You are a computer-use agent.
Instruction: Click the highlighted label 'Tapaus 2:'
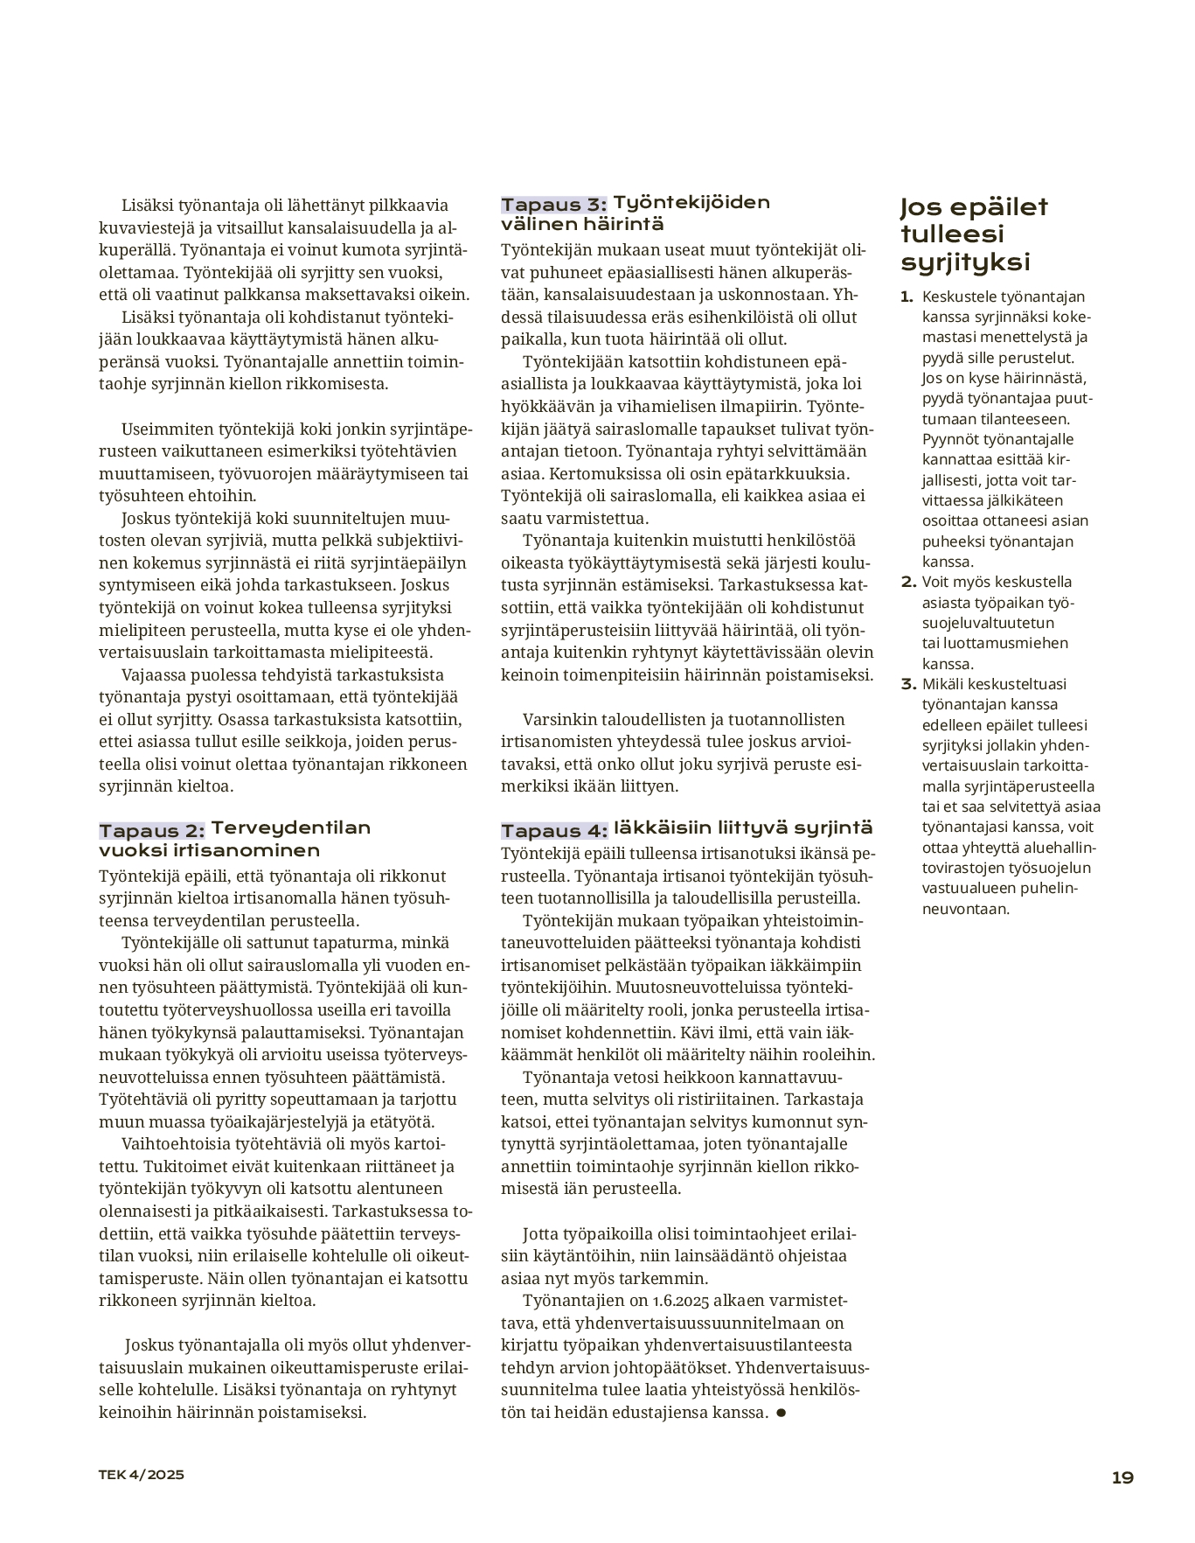(x=152, y=830)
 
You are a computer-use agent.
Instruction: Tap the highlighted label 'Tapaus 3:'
(x=553, y=205)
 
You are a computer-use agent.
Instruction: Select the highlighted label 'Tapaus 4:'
(x=553, y=830)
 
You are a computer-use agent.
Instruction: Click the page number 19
(x=1122, y=1477)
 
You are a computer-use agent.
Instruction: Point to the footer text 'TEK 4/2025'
(x=141, y=1474)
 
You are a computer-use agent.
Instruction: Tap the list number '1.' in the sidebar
(x=907, y=297)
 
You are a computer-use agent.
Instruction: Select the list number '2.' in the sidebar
(x=908, y=582)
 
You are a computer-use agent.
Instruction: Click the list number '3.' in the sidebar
(x=908, y=684)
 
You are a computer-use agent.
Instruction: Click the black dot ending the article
(x=781, y=1413)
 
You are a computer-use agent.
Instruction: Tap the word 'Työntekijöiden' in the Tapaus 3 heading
(x=691, y=203)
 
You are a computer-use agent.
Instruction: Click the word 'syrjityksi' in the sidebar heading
(x=965, y=262)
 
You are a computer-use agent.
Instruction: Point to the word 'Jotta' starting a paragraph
(x=542, y=1234)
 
